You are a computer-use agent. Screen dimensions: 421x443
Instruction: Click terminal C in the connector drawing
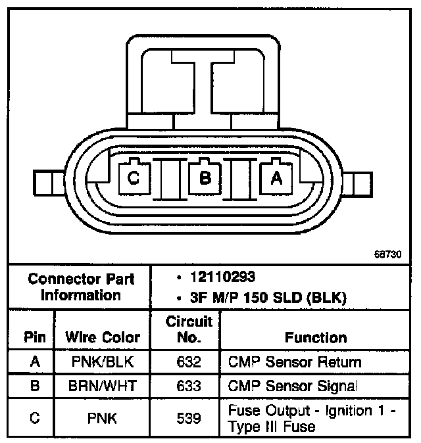click(134, 177)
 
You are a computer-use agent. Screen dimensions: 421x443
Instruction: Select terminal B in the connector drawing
click(205, 177)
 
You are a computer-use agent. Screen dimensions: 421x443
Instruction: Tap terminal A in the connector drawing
click(276, 177)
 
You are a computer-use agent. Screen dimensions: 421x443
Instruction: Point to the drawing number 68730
click(387, 254)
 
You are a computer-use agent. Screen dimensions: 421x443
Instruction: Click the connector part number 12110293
click(223, 277)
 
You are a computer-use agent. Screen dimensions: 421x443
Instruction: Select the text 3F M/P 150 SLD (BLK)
click(268, 298)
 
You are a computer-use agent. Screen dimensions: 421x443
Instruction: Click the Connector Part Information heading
click(81, 287)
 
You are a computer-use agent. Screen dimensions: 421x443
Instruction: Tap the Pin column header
click(35, 337)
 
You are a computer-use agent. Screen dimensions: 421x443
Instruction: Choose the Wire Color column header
click(103, 337)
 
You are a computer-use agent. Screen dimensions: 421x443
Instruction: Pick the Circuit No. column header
click(189, 329)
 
